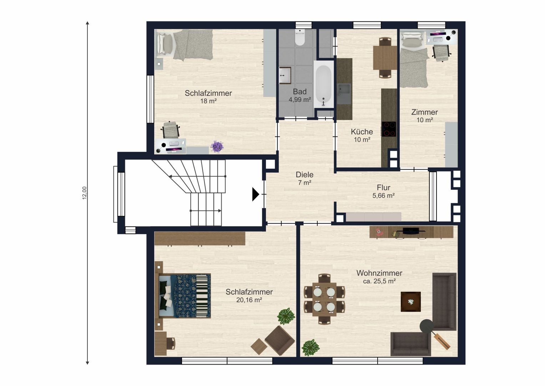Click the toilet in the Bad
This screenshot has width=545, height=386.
click(x=300, y=38)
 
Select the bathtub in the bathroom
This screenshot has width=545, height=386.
click(x=323, y=84)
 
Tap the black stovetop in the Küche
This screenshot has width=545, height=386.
click(x=389, y=129)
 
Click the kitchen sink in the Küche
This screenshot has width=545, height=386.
click(x=344, y=94)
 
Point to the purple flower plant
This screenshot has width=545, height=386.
click(x=217, y=147)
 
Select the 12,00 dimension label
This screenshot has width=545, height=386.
click(x=85, y=193)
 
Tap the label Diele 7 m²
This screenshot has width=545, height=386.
click(x=304, y=178)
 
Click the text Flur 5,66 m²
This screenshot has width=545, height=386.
click(x=383, y=191)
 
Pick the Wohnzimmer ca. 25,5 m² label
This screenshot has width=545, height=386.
click(x=379, y=277)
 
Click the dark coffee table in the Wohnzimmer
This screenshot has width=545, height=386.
click(x=411, y=301)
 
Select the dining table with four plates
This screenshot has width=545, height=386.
click(x=324, y=299)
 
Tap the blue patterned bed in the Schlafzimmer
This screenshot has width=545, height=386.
click(x=185, y=296)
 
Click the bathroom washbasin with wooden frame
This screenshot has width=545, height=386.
click(x=285, y=75)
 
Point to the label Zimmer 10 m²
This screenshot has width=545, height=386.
click(x=425, y=116)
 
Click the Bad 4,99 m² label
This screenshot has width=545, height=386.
click(x=300, y=95)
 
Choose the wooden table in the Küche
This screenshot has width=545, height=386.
click(x=385, y=58)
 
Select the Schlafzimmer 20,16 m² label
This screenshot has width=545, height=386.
click(x=249, y=296)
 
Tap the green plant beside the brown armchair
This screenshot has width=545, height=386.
click(x=286, y=316)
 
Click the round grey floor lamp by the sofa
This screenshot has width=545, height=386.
click(x=427, y=326)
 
